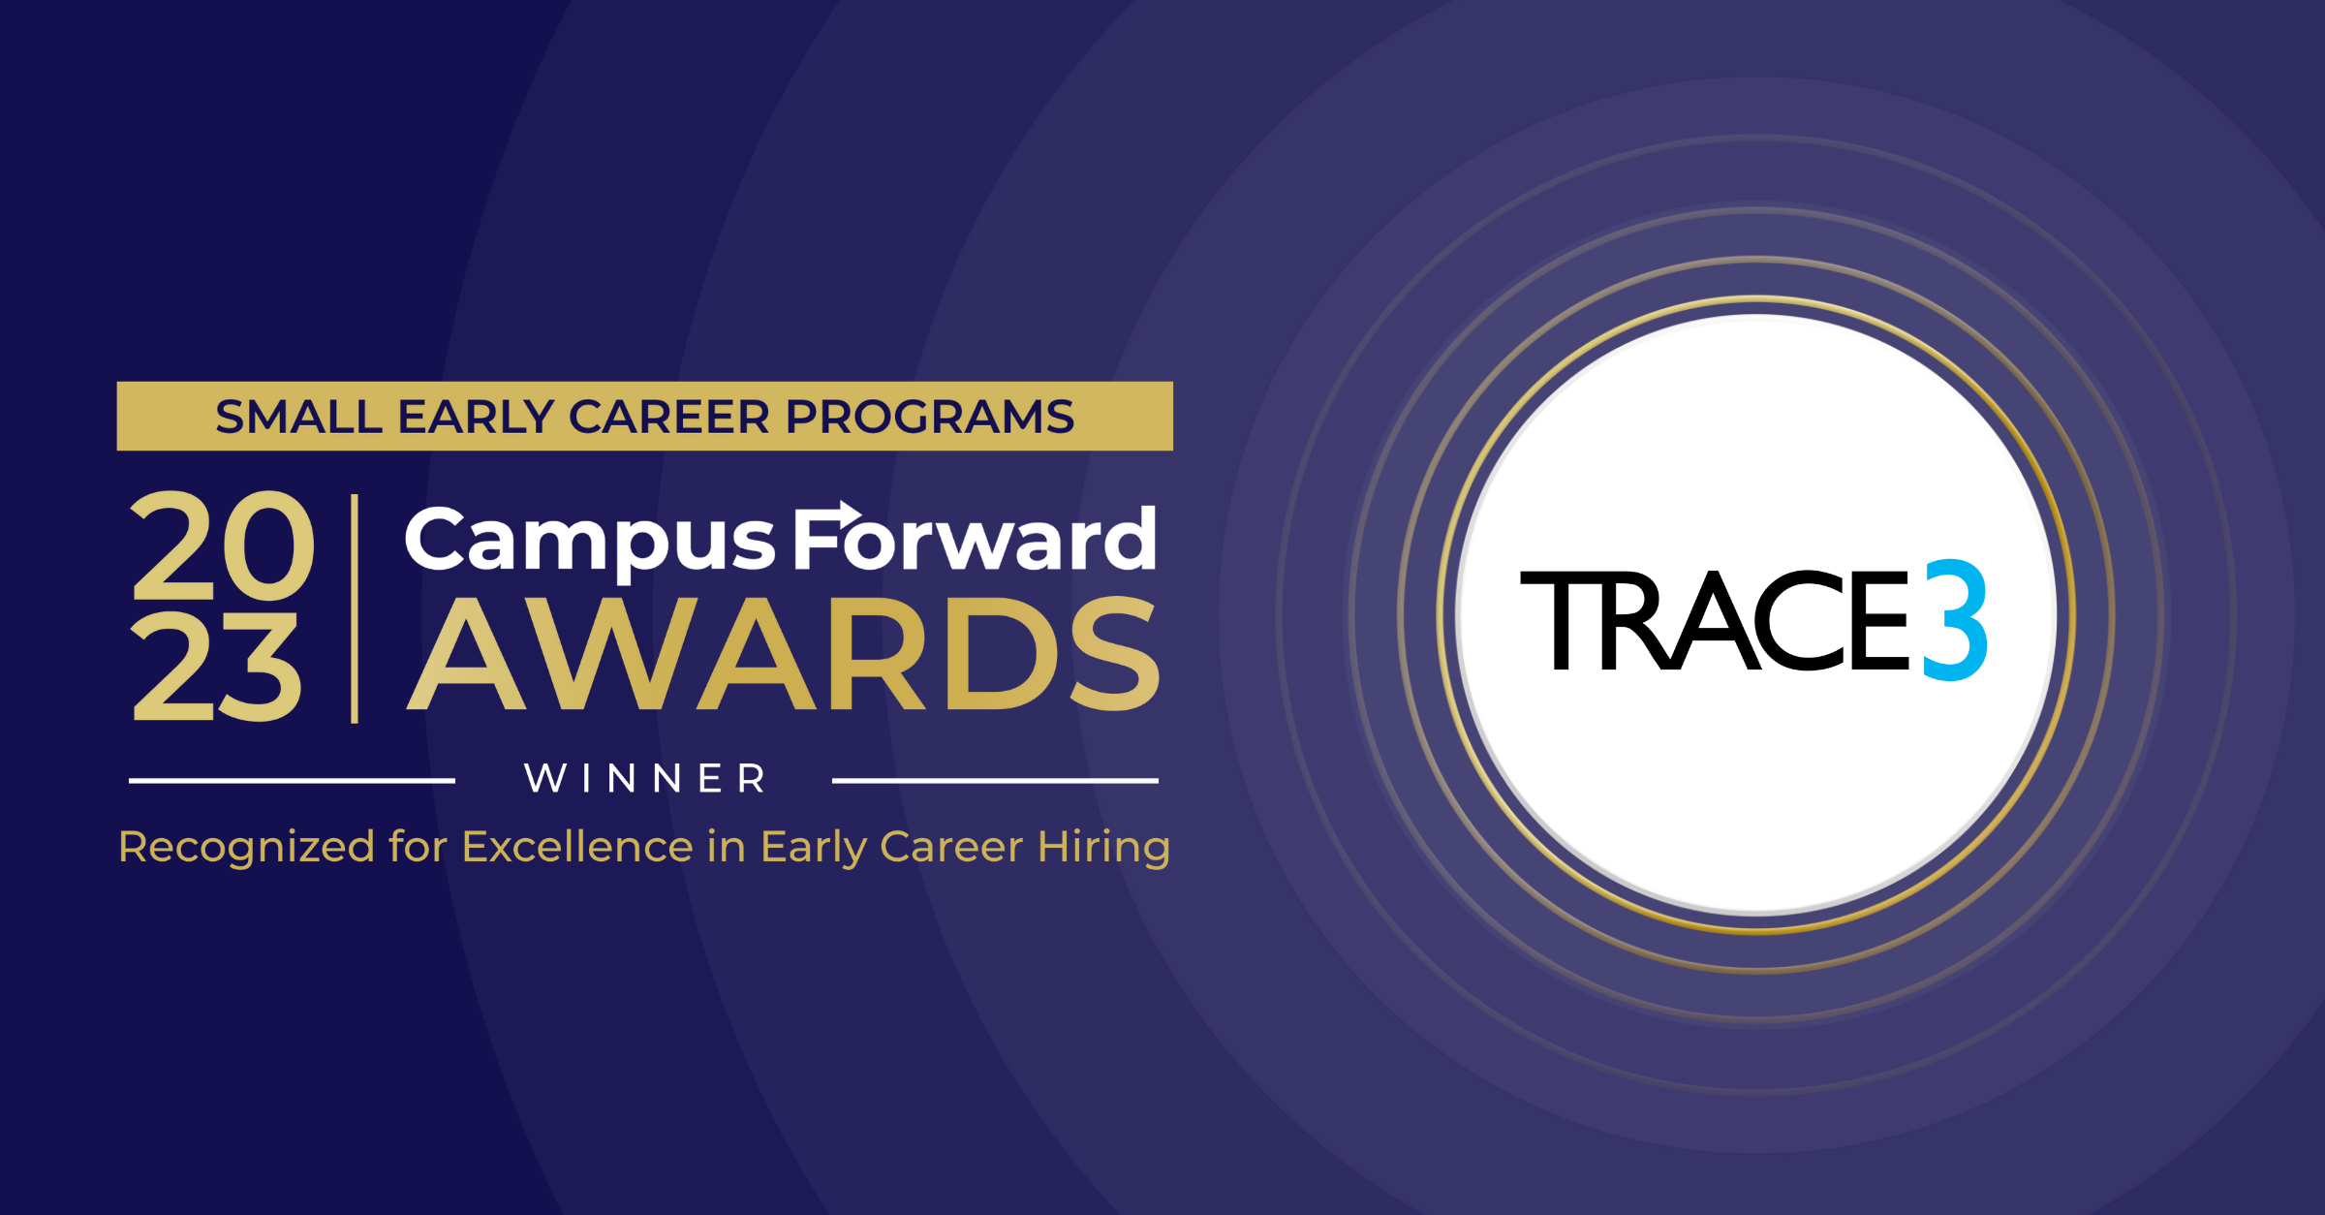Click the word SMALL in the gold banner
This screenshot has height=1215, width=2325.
click(x=297, y=418)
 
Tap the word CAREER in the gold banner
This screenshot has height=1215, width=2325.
click(x=668, y=418)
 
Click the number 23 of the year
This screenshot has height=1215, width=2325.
click(x=216, y=669)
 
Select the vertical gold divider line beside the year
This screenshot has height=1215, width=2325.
click(x=355, y=608)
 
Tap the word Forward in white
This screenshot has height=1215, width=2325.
click(x=975, y=541)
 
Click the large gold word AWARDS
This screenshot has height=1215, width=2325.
click(x=783, y=655)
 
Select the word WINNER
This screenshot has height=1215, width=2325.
click(x=645, y=779)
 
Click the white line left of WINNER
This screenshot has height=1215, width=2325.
click(x=292, y=780)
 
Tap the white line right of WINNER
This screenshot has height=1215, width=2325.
click(x=995, y=780)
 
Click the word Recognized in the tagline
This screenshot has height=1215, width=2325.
click(x=247, y=848)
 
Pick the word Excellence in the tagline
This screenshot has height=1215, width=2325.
click(x=577, y=848)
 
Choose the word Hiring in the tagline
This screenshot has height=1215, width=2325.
click(x=1103, y=848)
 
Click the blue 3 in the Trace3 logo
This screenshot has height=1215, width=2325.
click(x=1954, y=620)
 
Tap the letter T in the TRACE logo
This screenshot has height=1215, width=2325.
click(x=1560, y=621)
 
